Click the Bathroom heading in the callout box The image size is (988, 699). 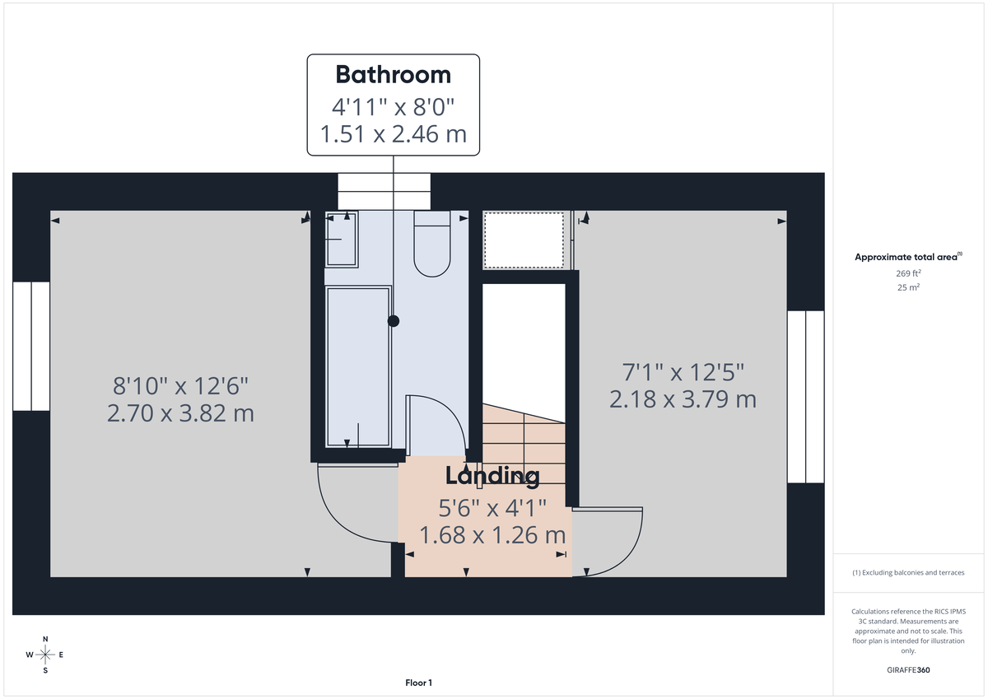[x=393, y=75]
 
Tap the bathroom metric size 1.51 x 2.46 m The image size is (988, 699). [x=393, y=133]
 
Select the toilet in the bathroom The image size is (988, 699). [x=431, y=245]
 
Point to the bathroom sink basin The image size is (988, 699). [x=341, y=239]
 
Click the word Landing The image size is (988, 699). [x=492, y=476]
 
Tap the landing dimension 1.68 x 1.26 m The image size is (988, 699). [x=492, y=535]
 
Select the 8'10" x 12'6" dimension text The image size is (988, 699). [x=180, y=384]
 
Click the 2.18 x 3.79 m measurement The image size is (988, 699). [x=683, y=399]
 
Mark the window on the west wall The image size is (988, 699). [x=31, y=346]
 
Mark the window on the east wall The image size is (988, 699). [x=805, y=396]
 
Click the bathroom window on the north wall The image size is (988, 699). [x=384, y=191]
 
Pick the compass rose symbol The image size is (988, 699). [x=45, y=655]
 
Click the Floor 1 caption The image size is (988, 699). [x=418, y=683]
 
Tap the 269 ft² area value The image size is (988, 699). [x=908, y=273]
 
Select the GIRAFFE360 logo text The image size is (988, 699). [x=908, y=670]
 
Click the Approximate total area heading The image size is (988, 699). [x=906, y=257]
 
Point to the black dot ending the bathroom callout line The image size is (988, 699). [x=394, y=321]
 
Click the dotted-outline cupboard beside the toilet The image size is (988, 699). [x=524, y=239]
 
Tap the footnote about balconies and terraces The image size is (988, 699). [x=908, y=572]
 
